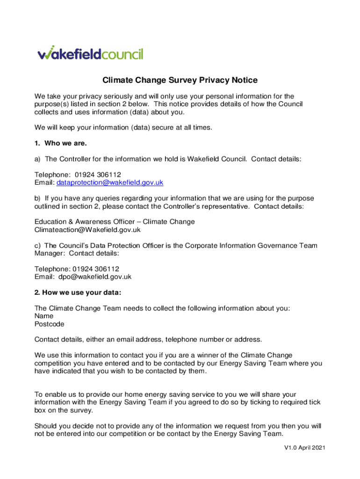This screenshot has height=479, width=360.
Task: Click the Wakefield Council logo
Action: [x=90, y=54]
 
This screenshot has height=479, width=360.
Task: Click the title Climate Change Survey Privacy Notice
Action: [x=180, y=80]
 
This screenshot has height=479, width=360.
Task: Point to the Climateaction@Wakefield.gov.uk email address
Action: [x=87, y=230]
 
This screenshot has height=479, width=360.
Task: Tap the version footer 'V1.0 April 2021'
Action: [x=304, y=448]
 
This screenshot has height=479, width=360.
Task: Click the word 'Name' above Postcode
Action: [x=44, y=316]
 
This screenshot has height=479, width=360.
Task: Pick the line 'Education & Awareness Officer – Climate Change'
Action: [x=115, y=222]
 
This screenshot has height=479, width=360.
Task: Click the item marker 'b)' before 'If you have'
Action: [x=38, y=198]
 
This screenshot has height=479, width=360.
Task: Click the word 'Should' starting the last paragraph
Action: [x=46, y=426]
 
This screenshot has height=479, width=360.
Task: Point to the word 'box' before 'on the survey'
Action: [x=41, y=410]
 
